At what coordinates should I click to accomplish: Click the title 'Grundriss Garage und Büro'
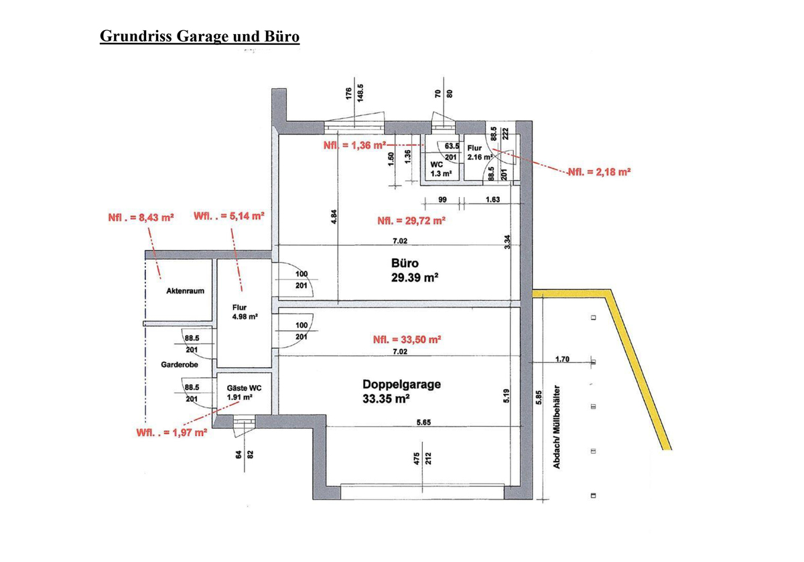[x=200, y=36]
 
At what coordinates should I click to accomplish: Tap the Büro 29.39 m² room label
[x=415, y=270]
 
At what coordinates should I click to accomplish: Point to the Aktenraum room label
[x=185, y=291]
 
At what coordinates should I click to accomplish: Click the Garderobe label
[x=180, y=365]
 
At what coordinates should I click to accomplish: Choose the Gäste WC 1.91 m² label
[x=244, y=393]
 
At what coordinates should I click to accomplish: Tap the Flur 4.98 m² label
[x=245, y=312]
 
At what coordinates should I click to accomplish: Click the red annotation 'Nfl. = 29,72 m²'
[x=411, y=220]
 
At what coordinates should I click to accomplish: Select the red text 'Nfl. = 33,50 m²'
[x=407, y=340]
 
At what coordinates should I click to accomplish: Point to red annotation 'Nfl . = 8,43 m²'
[x=141, y=218]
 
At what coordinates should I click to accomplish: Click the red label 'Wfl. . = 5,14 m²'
[x=229, y=216]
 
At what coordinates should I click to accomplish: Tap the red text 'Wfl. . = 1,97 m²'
[x=172, y=433]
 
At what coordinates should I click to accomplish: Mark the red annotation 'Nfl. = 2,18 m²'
[x=600, y=172]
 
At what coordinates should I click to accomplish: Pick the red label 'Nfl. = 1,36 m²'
[x=354, y=145]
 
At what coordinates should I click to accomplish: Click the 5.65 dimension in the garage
[x=423, y=422]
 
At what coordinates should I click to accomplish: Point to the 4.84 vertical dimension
[x=334, y=217]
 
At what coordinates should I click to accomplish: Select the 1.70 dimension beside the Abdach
[x=562, y=359]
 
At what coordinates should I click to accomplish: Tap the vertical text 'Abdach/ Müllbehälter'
[x=557, y=427]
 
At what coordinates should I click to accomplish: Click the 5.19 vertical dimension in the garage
[x=507, y=395]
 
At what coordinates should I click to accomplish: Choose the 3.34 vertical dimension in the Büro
[x=507, y=242]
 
